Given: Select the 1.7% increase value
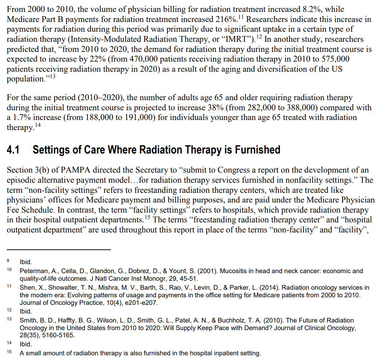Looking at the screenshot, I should [20, 117].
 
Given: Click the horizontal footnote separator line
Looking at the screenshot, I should [59, 250].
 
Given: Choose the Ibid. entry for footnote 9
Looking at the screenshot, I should [26, 263].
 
